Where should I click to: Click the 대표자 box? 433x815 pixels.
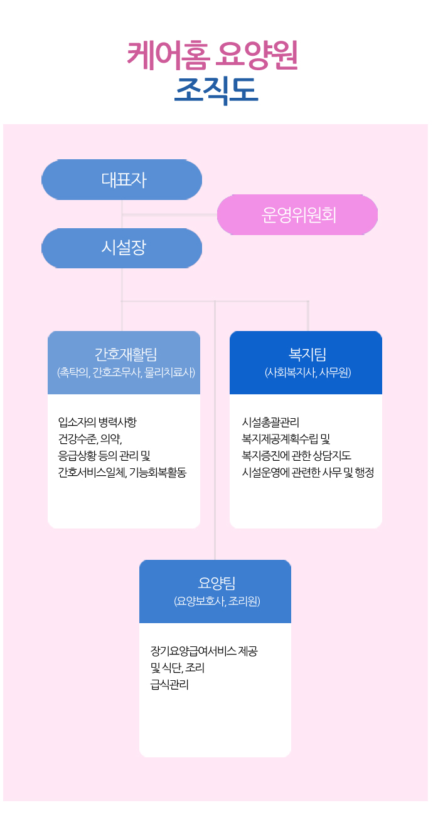tap(122, 180)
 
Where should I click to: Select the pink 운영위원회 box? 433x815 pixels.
tap(297, 214)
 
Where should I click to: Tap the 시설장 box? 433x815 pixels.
tap(122, 248)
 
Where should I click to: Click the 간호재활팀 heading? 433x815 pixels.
tap(126, 354)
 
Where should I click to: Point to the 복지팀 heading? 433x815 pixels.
tap(307, 354)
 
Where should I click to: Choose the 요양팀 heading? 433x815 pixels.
tap(216, 583)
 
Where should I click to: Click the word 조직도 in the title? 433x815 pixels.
tap(216, 90)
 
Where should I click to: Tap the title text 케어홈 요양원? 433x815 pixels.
tap(213, 55)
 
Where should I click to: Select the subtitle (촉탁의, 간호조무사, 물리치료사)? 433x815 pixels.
tap(126, 372)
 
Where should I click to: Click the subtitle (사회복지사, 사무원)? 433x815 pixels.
tap(307, 372)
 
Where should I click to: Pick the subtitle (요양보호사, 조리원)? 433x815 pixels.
tap(217, 601)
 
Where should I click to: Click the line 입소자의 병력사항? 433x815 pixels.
tap(97, 422)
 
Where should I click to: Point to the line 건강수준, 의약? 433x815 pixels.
tap(90, 439)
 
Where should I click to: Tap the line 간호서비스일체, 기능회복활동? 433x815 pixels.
tap(122, 472)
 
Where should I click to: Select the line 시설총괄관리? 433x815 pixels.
tap(270, 422)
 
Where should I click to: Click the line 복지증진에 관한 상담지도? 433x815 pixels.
tap(296, 456)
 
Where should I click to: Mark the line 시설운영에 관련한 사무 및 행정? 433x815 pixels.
tap(308, 472)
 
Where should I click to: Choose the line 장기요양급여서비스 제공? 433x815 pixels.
tap(204, 651)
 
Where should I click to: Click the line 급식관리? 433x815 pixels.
tap(169, 685)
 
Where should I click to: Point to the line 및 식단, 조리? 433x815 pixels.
tap(178, 668)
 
